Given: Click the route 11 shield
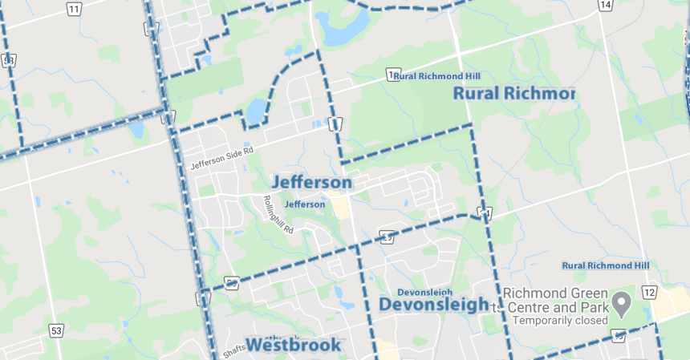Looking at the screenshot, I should coord(74,9).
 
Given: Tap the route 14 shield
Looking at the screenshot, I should coord(606,6).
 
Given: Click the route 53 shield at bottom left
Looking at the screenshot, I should coord(55,330).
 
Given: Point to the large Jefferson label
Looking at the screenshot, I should coord(311,183).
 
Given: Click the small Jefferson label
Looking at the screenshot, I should coord(305,204).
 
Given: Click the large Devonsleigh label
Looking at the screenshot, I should coord(433,305).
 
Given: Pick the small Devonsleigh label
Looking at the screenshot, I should coord(425,292).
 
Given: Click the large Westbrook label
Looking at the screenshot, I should coord(293,346).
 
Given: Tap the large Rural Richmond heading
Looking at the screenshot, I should coord(514,94).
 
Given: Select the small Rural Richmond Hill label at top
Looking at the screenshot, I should coord(437,76).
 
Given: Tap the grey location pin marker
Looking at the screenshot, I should coord(621,302).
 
